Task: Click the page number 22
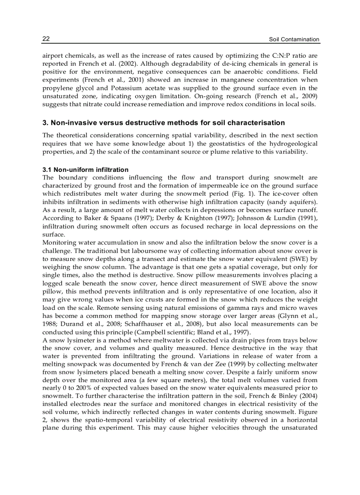46,39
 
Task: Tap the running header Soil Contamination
294,39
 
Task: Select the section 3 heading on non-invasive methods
163,123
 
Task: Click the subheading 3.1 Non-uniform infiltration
86,170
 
